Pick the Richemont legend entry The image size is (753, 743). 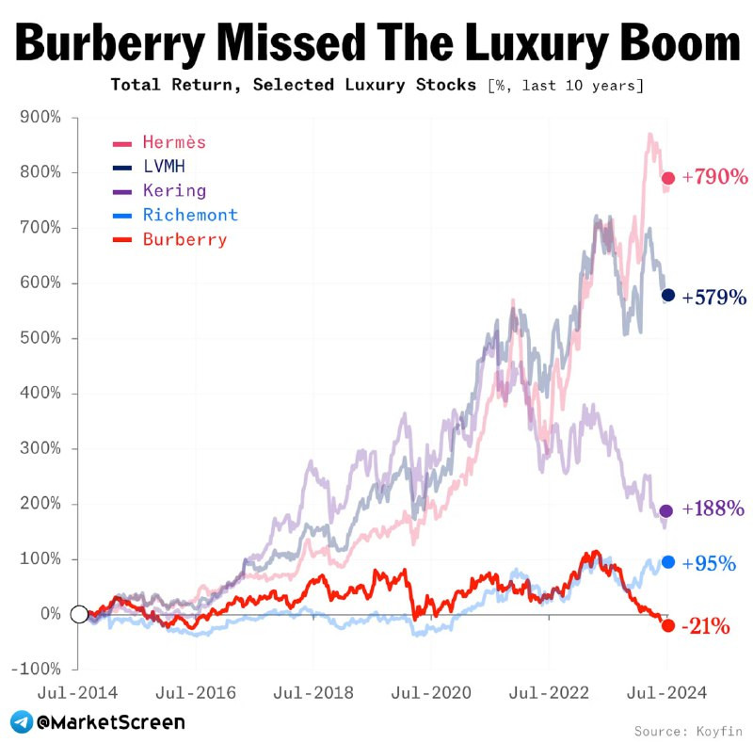click(x=190, y=215)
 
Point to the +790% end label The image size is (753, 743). click(x=714, y=177)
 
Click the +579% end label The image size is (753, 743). click(x=714, y=297)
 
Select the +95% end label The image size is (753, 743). click(x=709, y=563)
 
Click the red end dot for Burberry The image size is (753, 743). click(x=668, y=625)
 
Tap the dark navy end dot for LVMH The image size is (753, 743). click(x=668, y=296)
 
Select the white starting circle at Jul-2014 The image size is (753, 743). click(x=80, y=614)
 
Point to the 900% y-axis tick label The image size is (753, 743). click(x=40, y=118)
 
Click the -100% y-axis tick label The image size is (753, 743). click(x=38, y=669)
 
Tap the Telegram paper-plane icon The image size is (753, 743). click(x=21, y=722)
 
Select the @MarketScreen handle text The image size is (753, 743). click(x=111, y=722)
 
